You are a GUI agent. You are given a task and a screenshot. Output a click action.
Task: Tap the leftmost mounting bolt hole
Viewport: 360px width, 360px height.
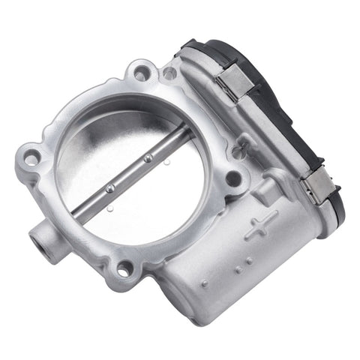32,157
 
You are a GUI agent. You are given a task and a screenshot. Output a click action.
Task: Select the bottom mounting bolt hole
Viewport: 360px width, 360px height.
124,267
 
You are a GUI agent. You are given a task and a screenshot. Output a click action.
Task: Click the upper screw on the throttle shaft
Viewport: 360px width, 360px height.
148,158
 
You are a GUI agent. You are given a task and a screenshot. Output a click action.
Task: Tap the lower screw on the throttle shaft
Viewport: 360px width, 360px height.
110,188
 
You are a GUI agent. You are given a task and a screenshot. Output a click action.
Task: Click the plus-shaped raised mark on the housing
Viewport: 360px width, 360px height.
260,222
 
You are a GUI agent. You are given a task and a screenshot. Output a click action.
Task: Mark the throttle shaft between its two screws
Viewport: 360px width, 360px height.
129,173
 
